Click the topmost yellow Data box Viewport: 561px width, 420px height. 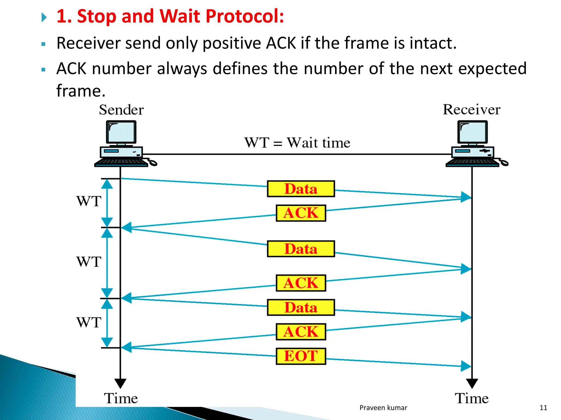tap(301, 189)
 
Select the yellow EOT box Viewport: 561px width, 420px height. tap(301, 356)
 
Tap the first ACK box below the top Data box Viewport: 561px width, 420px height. tap(301, 213)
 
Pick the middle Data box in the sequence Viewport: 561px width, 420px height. tap(301, 249)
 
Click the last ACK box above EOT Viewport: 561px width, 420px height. tap(301, 332)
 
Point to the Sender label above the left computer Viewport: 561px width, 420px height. tap(121, 110)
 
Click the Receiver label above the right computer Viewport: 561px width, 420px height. tap(471, 110)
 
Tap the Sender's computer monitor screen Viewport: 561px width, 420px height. tap(121, 132)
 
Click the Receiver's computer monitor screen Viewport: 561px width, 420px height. tap(472, 132)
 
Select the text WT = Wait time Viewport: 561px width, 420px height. tap(297, 143)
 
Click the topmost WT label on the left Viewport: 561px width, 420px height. tap(89, 202)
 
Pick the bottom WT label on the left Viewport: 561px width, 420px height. tap(89, 322)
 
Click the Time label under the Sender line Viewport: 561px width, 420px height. tap(121, 398)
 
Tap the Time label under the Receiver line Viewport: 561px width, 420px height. tap(472, 398)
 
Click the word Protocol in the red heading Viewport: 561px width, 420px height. tap(245, 16)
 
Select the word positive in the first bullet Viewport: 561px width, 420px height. tap(232, 43)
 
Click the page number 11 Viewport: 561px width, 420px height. tap(543, 408)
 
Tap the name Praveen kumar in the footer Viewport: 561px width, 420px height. tap(383, 408)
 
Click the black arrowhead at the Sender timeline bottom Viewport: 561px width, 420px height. tap(120, 383)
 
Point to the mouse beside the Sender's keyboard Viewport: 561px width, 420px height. tap(153, 162)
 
